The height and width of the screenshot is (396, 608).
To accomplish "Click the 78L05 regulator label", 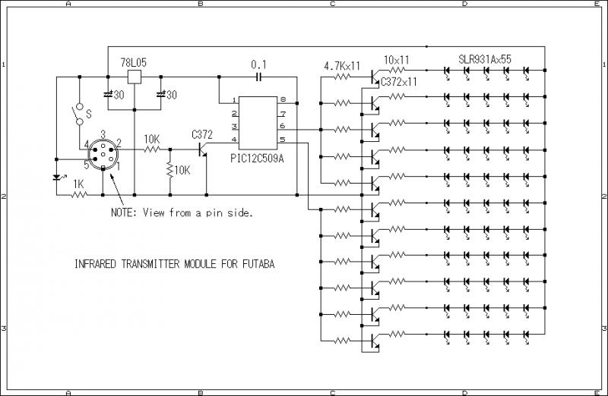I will pos(134,61).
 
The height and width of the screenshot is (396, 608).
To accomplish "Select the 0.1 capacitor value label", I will pos(258,65).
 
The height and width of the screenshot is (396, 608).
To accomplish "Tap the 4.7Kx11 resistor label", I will pos(342,66).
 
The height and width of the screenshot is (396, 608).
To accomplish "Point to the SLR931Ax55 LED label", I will pos(485,59).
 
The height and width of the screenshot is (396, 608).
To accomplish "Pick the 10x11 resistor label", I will pos(397,59).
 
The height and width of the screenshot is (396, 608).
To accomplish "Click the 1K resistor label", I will pos(78,184).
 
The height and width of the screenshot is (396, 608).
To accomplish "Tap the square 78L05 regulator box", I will pos(134,77).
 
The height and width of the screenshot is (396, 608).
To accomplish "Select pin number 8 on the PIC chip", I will pos(282,100).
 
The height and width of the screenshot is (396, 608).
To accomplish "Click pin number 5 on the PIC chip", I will pos(282,140).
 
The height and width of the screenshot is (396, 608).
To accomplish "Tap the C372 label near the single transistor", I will pos(203,134).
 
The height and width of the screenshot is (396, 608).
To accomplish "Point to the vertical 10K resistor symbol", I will pos(169,171).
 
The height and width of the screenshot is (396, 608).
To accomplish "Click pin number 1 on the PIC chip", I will pos(234,100).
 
